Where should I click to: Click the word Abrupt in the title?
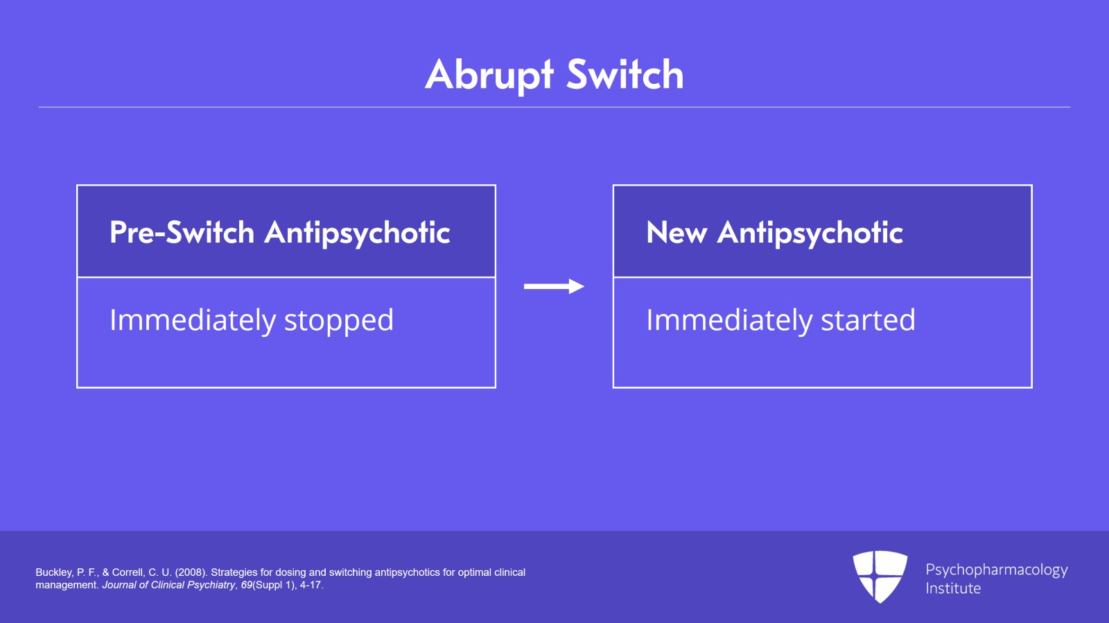[489, 75]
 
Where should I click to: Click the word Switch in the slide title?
[625, 75]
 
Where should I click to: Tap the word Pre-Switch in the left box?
[182, 232]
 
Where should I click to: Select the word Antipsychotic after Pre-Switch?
[358, 233]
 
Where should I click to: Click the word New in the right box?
[676, 232]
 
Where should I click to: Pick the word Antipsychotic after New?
[810, 233]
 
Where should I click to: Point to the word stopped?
[339, 321]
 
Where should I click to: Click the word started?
[868, 320]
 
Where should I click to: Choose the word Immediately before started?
[729, 321]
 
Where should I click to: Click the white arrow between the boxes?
[554, 286]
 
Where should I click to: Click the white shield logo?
[880, 576]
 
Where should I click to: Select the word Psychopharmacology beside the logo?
[996, 570]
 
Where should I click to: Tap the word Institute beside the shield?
[953, 588]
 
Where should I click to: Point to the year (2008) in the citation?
[191, 572]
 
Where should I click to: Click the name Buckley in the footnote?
[54, 572]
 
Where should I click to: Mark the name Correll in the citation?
[128, 572]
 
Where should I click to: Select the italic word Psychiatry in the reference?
[211, 585]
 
